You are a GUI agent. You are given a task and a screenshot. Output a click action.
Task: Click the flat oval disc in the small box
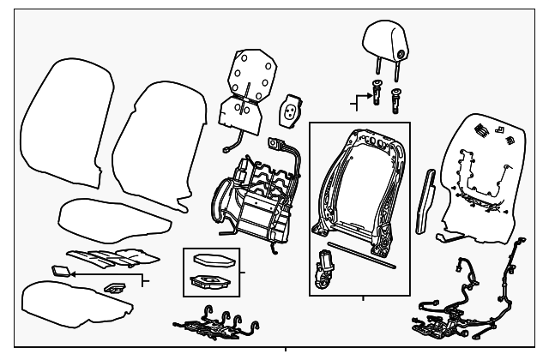coord(211,261)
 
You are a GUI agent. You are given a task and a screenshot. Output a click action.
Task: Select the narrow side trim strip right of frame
coord(424,202)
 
